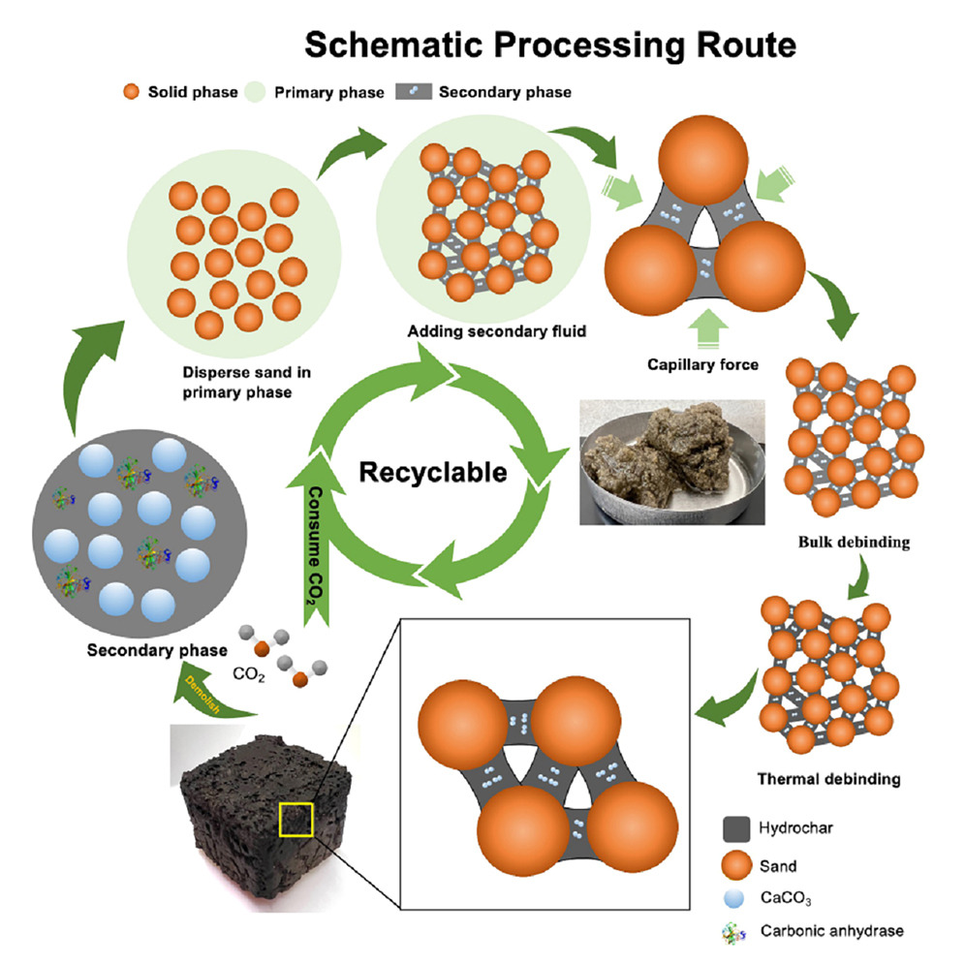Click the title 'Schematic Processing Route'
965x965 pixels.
tap(550, 43)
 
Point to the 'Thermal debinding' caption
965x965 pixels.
tap(842, 778)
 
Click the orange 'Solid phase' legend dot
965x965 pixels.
tap(129, 93)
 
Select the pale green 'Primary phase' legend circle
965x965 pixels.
tap(257, 93)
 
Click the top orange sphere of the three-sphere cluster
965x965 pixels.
tap(704, 160)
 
